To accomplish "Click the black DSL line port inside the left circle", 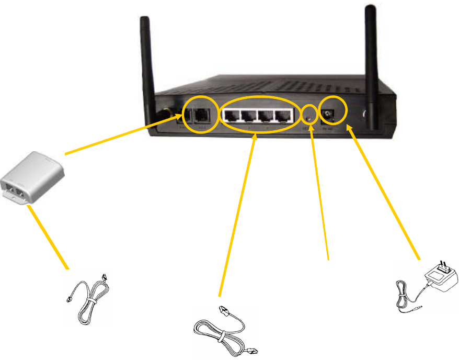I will click(x=202, y=115).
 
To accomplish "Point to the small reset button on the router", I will click(x=310, y=117).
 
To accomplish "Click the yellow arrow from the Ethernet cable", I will click(x=238, y=215).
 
